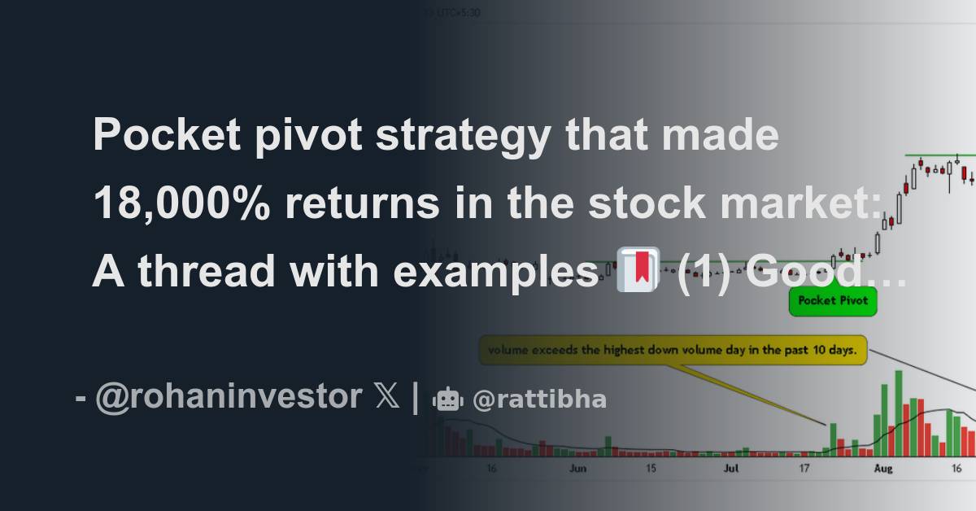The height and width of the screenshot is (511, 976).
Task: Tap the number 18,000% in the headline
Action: coord(181,203)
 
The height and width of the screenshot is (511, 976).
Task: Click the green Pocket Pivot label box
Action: coord(833,300)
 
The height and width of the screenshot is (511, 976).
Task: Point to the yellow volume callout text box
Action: coord(673,352)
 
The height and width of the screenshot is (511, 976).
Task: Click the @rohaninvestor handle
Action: coord(229,397)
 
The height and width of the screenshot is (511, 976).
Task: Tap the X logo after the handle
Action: coord(389,397)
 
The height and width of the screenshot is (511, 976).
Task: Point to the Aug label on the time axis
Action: coord(883,469)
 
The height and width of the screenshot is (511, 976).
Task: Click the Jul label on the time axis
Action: coord(732,469)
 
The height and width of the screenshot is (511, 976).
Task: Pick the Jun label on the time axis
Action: coord(577,469)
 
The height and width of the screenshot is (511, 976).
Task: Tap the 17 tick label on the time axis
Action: coord(804,469)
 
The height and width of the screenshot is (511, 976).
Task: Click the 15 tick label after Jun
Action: coord(651,469)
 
